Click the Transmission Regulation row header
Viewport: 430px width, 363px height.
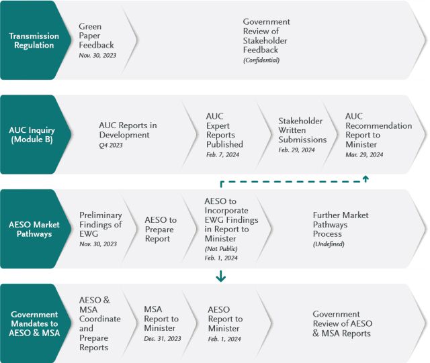click(x=34, y=40)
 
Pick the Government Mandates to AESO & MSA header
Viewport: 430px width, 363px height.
click(x=34, y=323)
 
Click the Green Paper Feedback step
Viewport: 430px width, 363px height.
click(x=96, y=36)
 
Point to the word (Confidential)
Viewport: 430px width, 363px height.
click(x=261, y=60)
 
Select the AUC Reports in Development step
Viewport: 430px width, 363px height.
click(x=128, y=129)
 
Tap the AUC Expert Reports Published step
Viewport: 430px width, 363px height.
click(x=224, y=130)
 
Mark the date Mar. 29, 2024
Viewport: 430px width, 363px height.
click(x=364, y=154)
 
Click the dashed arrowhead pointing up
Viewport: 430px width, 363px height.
click(x=365, y=178)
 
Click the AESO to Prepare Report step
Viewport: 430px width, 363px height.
click(x=161, y=229)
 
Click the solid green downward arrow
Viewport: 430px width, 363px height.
click(x=221, y=276)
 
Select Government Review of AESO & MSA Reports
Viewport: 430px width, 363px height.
click(x=342, y=323)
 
